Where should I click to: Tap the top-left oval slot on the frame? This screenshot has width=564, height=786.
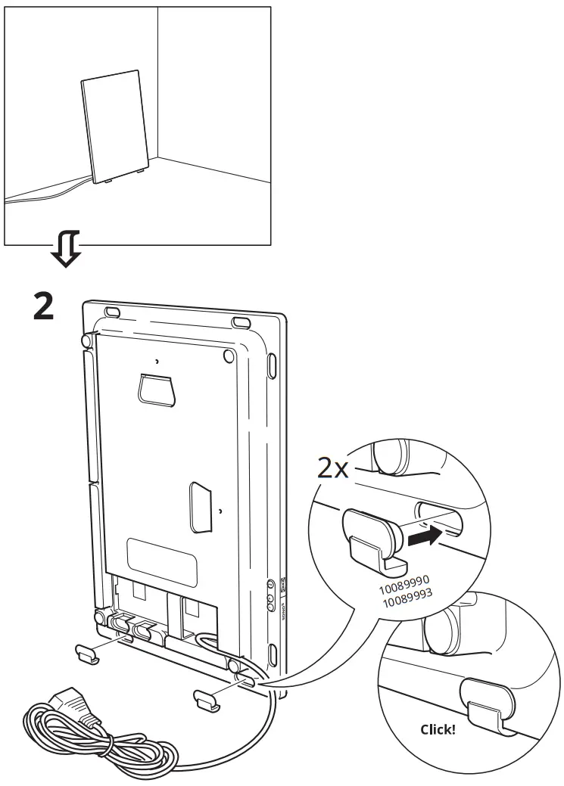click(x=111, y=311)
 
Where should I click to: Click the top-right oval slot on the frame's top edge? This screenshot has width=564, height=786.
click(x=241, y=323)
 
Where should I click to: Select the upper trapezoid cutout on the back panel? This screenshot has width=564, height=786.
click(x=157, y=389)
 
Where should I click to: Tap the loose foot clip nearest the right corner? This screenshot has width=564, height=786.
click(x=207, y=700)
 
